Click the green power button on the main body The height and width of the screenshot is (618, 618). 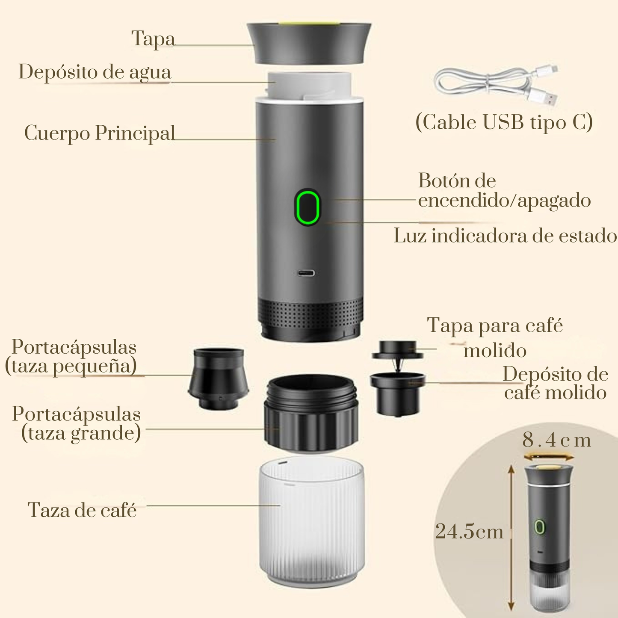(x=307, y=207)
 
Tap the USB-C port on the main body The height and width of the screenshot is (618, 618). (x=307, y=273)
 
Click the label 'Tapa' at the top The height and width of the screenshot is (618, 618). (x=153, y=38)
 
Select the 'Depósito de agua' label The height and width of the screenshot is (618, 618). (x=95, y=72)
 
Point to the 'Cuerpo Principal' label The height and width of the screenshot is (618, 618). (x=100, y=133)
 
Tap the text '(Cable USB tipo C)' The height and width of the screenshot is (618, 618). (x=504, y=122)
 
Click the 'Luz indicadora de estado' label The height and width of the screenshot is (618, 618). (x=505, y=236)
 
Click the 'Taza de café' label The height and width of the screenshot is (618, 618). (x=82, y=510)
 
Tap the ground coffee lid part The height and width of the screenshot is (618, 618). (x=398, y=351)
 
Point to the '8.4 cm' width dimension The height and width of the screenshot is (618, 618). (x=556, y=441)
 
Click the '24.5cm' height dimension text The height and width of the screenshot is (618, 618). (x=469, y=532)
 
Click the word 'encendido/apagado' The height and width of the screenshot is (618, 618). (x=504, y=200)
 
